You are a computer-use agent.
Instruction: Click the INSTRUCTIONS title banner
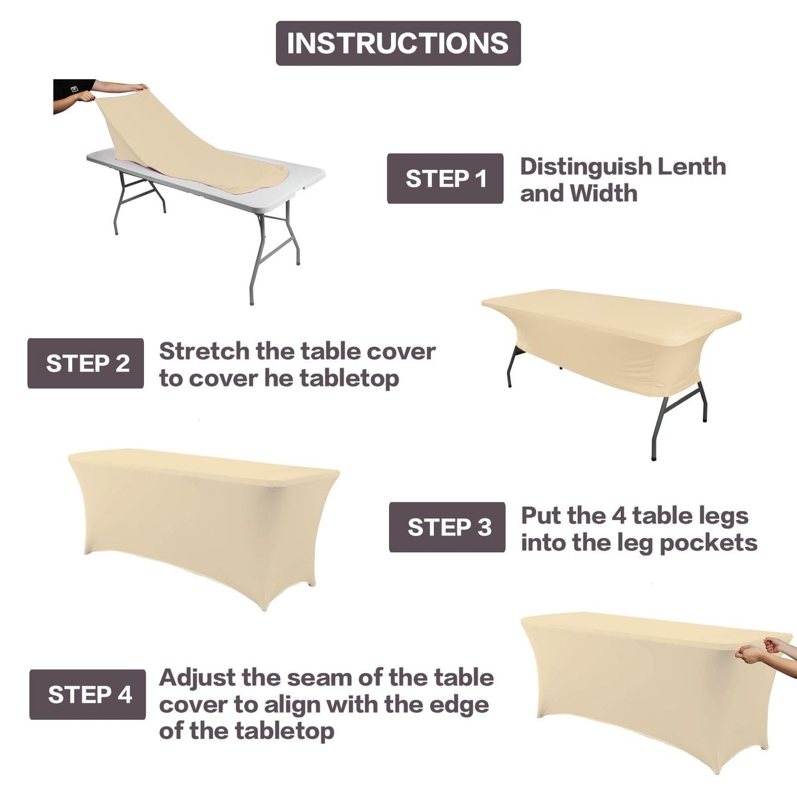click(398, 43)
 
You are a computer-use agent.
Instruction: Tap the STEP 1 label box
click(445, 178)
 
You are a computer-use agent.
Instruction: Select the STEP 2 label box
click(85, 363)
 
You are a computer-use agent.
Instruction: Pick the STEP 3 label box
click(447, 527)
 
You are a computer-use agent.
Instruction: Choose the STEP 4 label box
click(88, 694)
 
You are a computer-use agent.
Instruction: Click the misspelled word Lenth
click(692, 166)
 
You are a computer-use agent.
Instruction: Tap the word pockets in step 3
click(709, 543)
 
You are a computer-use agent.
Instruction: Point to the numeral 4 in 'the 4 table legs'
click(618, 516)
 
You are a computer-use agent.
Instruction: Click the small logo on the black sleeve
click(74, 88)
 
